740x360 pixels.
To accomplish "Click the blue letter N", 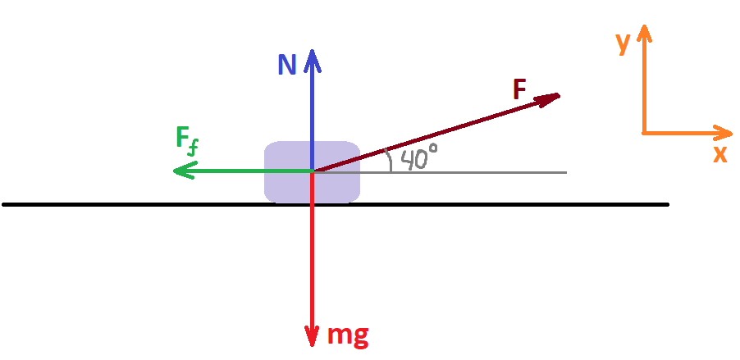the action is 286,64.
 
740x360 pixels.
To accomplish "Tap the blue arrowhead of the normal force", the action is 312,61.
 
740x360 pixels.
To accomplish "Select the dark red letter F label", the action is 519,89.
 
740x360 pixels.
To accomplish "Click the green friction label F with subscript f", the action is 185,141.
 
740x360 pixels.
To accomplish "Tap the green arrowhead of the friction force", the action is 185,171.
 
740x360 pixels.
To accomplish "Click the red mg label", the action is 348,335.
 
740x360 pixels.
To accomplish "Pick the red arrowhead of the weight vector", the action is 312,336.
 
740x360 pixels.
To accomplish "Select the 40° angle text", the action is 419,157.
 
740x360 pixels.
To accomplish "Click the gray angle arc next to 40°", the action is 390,161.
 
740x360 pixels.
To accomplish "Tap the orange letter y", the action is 624,43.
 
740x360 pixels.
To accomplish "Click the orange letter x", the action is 720,154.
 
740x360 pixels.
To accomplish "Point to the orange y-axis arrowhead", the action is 644,33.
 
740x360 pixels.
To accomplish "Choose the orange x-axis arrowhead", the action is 723,133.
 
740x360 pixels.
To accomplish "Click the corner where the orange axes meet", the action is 645,133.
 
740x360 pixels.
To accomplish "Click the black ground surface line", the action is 336,204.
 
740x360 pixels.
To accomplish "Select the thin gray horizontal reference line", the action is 440,173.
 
